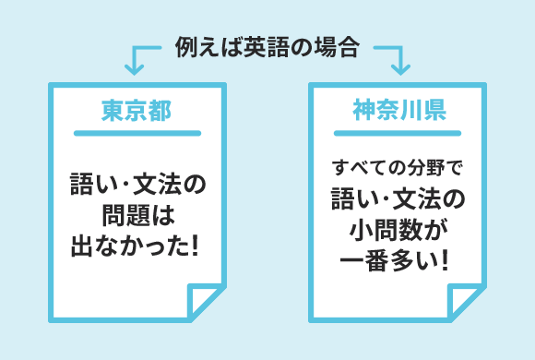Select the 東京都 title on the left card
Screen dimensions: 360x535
click(137, 111)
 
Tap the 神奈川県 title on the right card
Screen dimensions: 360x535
click(399, 111)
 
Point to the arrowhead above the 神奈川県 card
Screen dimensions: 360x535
click(399, 66)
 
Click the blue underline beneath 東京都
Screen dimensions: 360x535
click(137, 134)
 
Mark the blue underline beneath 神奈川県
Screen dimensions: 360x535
click(399, 134)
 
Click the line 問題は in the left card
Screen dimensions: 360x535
click(137, 217)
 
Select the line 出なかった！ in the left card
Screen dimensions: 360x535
click(137, 247)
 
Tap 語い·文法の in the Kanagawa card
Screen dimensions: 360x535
click(398, 198)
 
